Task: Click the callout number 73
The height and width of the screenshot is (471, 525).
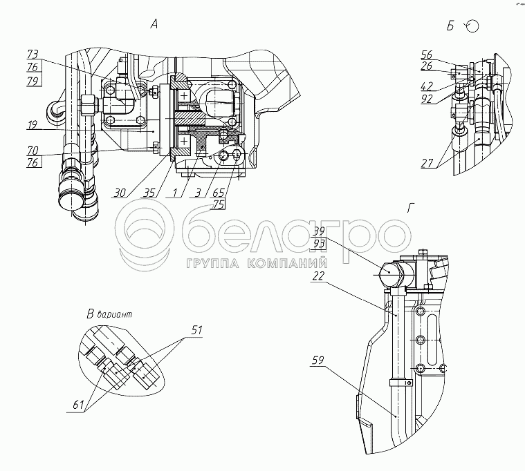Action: tap(33, 54)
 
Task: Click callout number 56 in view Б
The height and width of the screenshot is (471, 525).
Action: tap(427, 54)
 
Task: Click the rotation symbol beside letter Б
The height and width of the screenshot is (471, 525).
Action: tap(472, 26)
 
